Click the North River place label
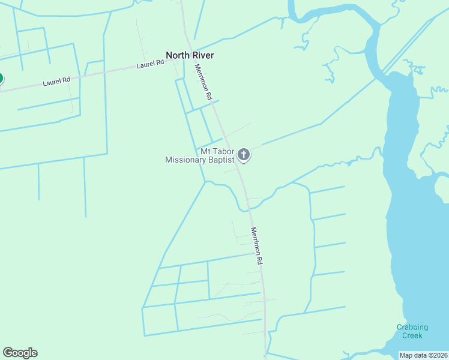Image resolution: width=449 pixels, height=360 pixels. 190,56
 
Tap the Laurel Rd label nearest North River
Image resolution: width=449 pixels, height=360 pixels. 150,63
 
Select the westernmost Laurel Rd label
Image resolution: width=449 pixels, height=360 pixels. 56,81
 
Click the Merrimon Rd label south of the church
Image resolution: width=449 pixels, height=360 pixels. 257,246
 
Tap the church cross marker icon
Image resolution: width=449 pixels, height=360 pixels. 244,155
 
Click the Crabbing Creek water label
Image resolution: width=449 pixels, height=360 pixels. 412,331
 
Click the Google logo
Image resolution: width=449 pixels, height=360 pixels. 20,353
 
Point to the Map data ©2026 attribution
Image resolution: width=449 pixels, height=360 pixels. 423,355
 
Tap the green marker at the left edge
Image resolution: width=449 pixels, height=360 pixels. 1,79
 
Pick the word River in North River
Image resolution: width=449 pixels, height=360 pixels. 203,56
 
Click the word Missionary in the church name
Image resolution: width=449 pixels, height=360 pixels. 185,160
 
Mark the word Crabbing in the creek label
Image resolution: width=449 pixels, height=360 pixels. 412,327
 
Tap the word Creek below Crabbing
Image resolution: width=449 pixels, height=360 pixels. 412,335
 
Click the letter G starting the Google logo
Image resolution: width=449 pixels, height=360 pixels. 7,353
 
